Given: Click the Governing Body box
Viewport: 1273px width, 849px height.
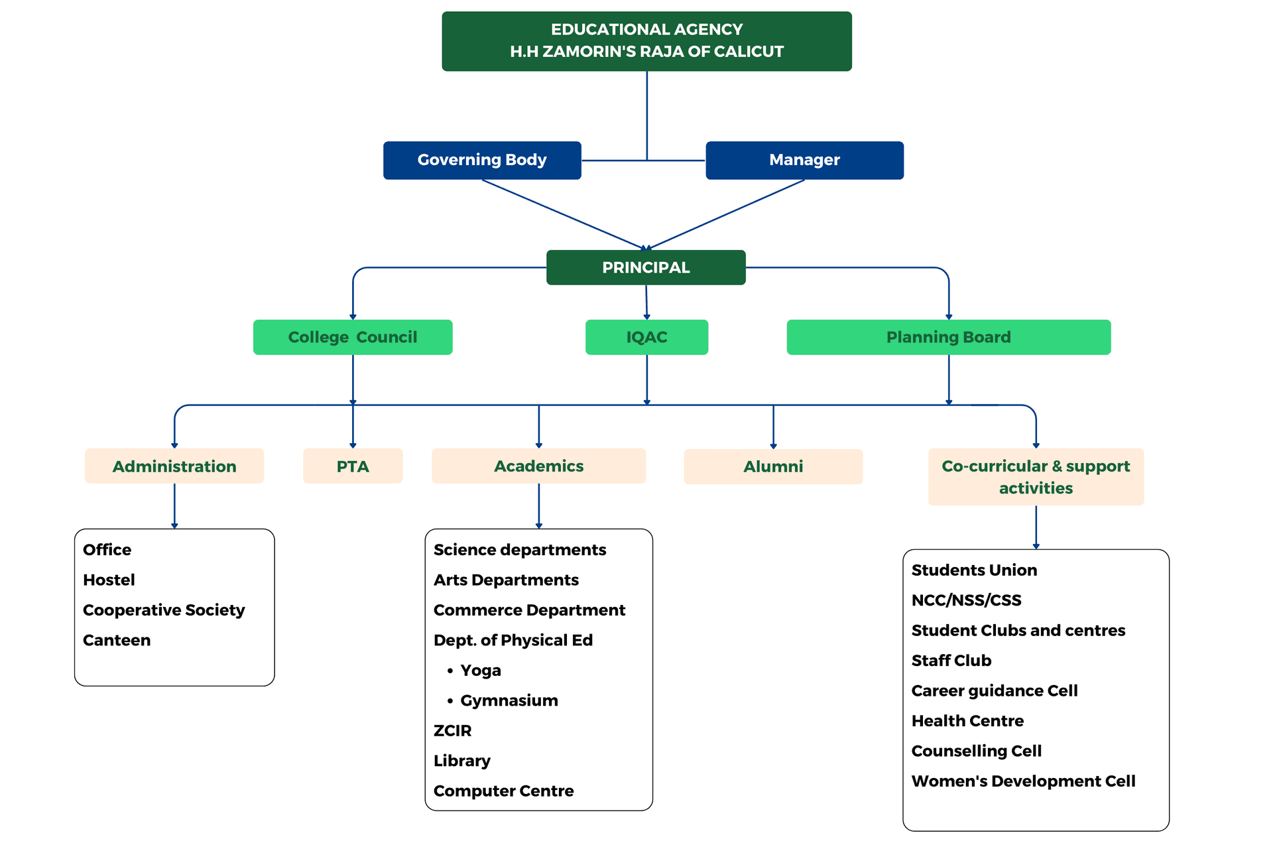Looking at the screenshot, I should pyautogui.click(x=482, y=160).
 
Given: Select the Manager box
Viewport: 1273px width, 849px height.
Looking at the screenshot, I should pyautogui.click(x=804, y=160).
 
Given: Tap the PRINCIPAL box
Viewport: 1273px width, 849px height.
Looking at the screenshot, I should pyautogui.click(x=646, y=267).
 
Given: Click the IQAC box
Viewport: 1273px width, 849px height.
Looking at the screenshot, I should pyautogui.click(x=646, y=337).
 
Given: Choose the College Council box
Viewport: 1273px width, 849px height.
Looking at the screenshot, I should pyautogui.click(x=353, y=337).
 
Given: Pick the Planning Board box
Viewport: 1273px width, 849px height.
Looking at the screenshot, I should pyautogui.click(x=948, y=337).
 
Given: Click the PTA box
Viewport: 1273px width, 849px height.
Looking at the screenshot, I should pyautogui.click(x=353, y=466).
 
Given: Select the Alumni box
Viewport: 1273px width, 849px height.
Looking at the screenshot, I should pyautogui.click(x=773, y=466).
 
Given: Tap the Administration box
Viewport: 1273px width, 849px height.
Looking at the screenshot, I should pyautogui.click(x=174, y=466).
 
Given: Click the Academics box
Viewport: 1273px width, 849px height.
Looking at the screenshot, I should pyautogui.click(x=538, y=466).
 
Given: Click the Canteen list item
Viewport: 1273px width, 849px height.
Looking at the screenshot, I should pyautogui.click(x=117, y=640).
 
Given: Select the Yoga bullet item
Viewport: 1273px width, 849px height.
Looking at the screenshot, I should pyautogui.click(x=480, y=670).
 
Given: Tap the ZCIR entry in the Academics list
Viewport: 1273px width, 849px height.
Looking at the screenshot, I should pyautogui.click(x=452, y=730).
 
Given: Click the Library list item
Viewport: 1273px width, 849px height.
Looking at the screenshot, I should pyautogui.click(x=461, y=761).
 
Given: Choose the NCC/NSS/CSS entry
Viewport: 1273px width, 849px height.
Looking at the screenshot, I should pyautogui.click(x=966, y=600).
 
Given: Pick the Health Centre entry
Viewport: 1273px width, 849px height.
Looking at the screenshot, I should pyautogui.click(x=967, y=720).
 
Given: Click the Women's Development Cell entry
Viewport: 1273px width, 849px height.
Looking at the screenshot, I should pyautogui.click(x=1023, y=781).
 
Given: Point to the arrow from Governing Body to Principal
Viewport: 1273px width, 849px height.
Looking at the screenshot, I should pyautogui.click(x=564, y=214).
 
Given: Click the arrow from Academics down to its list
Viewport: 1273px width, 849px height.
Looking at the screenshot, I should pyautogui.click(x=538, y=506).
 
